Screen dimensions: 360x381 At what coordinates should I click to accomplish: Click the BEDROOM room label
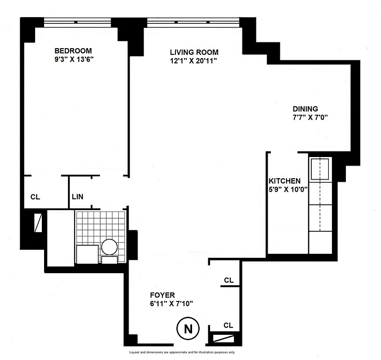tap(73, 50)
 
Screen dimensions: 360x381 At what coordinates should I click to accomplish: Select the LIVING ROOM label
tap(194, 52)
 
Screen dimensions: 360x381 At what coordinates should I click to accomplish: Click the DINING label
tap(305, 109)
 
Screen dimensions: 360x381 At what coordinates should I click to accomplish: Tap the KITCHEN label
tap(284, 180)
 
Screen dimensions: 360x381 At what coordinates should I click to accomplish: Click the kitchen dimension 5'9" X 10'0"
tap(287, 189)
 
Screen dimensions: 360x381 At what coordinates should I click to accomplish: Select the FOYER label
tap(162, 295)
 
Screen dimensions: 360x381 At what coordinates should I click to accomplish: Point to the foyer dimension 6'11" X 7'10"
tap(171, 303)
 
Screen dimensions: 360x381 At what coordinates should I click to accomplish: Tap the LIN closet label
tap(77, 197)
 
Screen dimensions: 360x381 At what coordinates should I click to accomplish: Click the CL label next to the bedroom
tap(35, 197)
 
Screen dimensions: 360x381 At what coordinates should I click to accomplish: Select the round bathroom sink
tap(110, 246)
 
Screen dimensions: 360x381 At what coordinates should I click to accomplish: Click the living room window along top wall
tap(193, 21)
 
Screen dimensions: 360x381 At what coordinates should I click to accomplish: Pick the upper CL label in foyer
tap(229, 280)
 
